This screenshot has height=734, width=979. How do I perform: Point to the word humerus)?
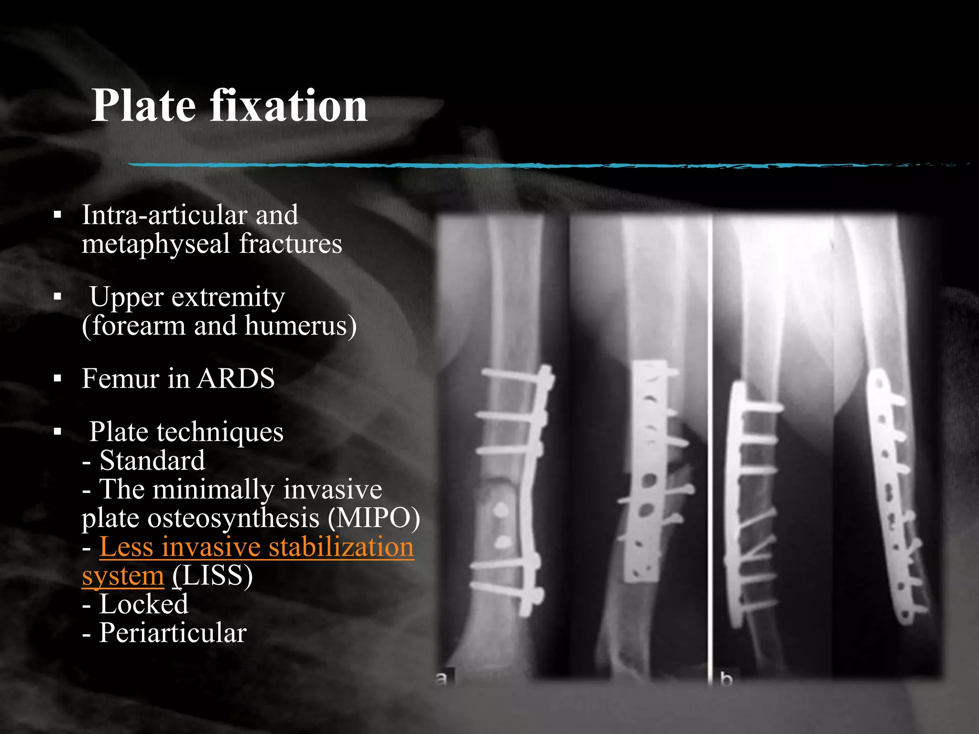point(301,326)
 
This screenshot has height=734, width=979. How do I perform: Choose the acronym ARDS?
point(236,378)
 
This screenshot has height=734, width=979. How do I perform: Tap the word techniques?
point(220,432)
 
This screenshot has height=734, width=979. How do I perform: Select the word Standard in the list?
point(152,461)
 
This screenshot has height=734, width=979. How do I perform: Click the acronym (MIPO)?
point(374,518)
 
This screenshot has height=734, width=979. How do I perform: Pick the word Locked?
point(143,604)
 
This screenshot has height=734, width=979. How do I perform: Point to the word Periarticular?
point(173,633)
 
